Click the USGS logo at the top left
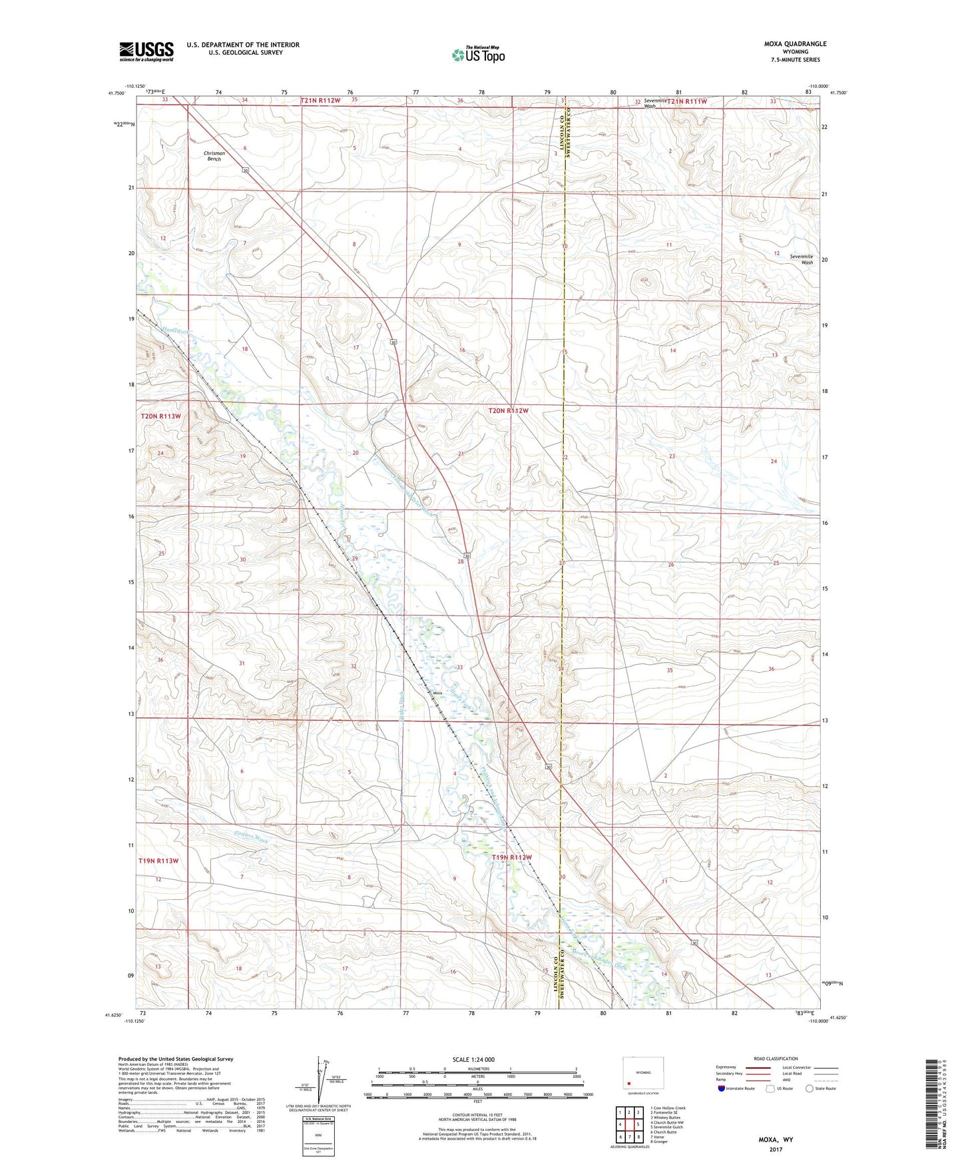tap(146, 51)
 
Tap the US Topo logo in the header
tap(478, 55)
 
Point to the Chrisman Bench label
tap(214, 156)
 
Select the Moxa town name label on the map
tap(437, 693)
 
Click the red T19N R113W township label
tap(159, 861)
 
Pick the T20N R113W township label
tap(160, 416)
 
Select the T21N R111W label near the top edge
tap(686, 101)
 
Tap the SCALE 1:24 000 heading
tap(473, 1059)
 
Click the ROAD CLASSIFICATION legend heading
tap(776, 1058)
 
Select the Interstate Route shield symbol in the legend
tap(722, 1088)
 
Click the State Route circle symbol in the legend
tap(810, 1088)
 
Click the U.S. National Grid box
tap(318, 1133)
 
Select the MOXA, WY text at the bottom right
tap(776, 1140)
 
